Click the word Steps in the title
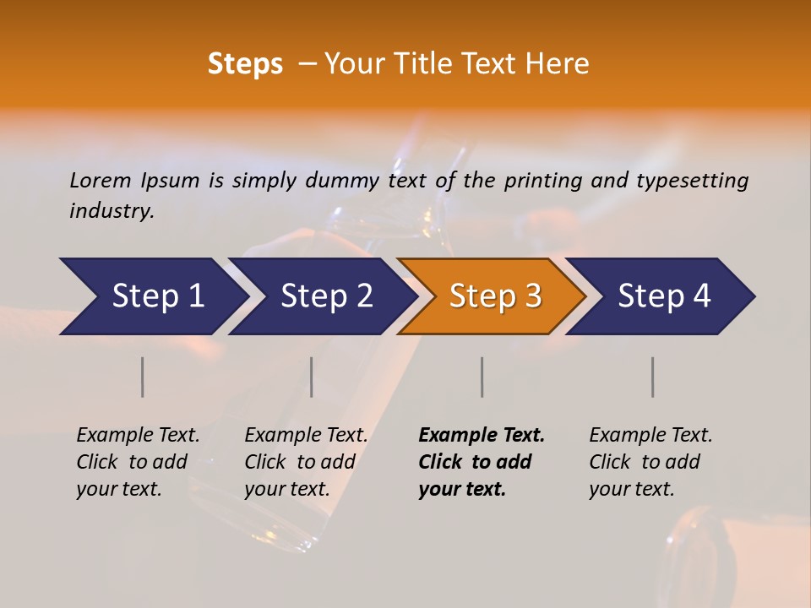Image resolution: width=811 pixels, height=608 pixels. coord(245,64)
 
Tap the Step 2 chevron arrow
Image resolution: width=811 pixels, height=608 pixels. coord(323,296)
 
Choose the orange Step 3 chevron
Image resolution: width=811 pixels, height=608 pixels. coord(493,296)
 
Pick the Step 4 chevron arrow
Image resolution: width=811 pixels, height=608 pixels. coord(661,296)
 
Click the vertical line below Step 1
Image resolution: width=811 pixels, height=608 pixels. coord(143,377)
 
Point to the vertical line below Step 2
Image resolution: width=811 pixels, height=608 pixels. coord(312,377)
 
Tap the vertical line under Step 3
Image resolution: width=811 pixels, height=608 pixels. coord(482,377)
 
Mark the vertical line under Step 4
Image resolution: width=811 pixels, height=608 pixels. coord(653,377)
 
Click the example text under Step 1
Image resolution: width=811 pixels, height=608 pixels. coord(138,462)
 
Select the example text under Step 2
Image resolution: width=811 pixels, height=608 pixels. coord(306,462)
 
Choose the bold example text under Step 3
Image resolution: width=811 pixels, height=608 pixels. coord(482,462)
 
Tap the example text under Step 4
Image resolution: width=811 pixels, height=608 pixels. coord(650,462)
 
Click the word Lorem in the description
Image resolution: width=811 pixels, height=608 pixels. coord(101,181)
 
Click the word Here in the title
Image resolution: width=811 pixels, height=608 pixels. coord(561,64)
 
